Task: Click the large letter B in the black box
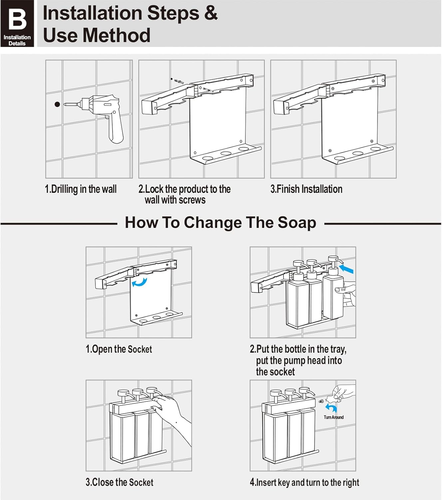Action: click(x=17, y=19)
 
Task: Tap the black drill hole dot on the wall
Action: click(x=57, y=104)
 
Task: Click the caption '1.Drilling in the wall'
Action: click(x=81, y=189)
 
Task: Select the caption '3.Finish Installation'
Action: click(x=306, y=189)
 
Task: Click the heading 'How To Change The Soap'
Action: click(x=220, y=222)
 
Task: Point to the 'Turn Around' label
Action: click(x=333, y=417)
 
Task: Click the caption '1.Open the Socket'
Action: click(x=119, y=349)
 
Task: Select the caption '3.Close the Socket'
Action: click(x=119, y=482)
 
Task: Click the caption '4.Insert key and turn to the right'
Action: click(x=304, y=482)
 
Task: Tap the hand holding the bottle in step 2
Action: click(x=346, y=293)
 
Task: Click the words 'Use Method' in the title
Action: click(x=97, y=35)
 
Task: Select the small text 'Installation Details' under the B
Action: click(x=17, y=40)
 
